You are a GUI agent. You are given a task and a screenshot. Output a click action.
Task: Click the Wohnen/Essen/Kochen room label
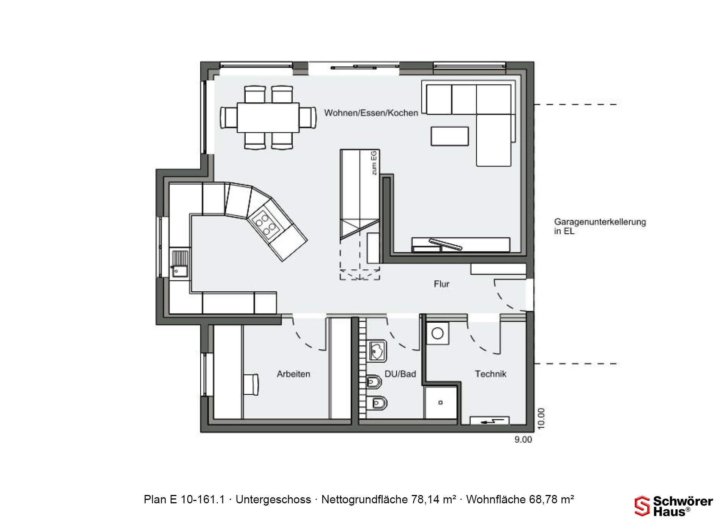point(371,113)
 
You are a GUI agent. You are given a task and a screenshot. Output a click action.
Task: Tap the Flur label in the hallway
point(442,284)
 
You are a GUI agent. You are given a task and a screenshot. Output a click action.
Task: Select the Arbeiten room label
point(293,374)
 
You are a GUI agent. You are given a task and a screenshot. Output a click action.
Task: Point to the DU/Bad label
point(400,374)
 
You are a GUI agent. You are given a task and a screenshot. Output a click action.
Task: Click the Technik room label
point(491,374)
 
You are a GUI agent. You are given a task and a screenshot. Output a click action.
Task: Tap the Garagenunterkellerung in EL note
point(600,226)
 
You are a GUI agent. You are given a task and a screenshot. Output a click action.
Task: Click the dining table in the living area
point(268,118)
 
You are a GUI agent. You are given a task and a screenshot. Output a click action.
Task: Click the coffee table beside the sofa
point(450,136)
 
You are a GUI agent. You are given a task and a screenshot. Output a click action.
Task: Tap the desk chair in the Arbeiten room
point(251,385)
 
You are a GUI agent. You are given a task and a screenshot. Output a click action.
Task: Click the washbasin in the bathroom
point(377,350)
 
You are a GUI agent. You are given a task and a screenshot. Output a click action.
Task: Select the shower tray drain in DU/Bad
point(441,402)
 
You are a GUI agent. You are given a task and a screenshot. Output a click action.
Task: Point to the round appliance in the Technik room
point(438,333)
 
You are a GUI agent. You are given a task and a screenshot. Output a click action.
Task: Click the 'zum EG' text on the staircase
point(374,163)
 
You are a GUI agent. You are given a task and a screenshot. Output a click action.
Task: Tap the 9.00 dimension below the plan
point(523,440)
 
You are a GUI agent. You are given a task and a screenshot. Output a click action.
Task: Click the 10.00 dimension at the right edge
point(541,418)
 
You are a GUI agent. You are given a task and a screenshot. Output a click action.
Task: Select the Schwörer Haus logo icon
point(642,506)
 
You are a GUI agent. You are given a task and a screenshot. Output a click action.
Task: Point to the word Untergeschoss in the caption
point(273,500)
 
